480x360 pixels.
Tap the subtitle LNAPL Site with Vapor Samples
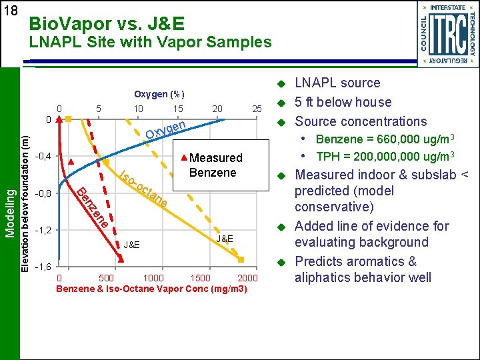coord(150,43)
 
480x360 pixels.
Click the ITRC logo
coord(445,33)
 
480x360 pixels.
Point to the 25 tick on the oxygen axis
coord(256,109)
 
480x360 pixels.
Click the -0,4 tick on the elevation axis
coord(42,157)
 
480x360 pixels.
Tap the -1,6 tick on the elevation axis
coord(42,267)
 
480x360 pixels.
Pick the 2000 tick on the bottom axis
coord(247,278)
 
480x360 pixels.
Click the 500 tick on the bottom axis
coord(105,278)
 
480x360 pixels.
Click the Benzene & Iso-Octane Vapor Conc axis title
coord(152,289)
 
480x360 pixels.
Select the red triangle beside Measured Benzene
coord(184,159)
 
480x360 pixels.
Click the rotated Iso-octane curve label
coord(143,189)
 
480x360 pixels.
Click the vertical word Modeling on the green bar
coord(9,211)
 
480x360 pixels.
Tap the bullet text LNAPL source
coord(337,83)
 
